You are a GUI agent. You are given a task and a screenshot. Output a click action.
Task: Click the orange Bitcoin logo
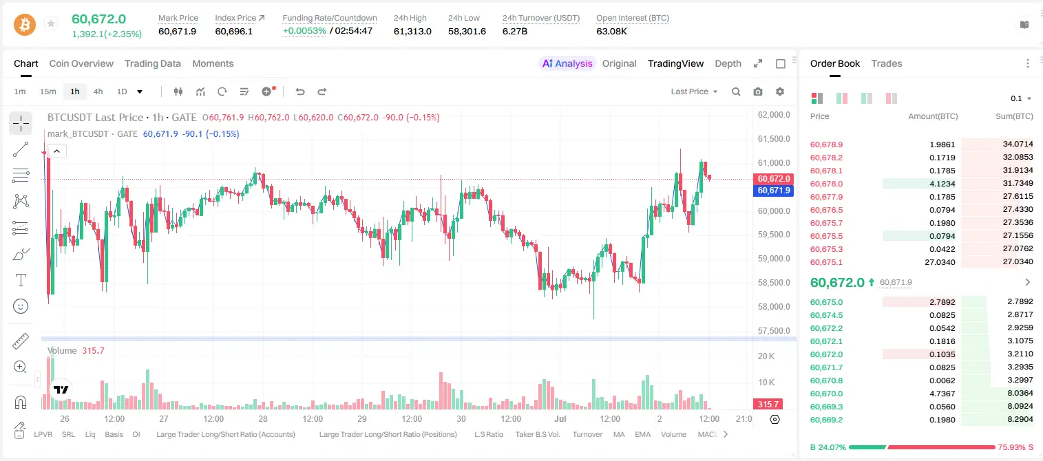(x=25, y=25)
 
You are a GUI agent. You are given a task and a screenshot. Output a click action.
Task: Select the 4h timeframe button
(x=98, y=92)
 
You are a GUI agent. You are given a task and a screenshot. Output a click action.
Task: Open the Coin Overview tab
(x=81, y=63)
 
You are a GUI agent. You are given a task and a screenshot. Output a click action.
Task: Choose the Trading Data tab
(x=153, y=63)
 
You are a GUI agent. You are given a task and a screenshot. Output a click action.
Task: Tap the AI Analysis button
(x=567, y=63)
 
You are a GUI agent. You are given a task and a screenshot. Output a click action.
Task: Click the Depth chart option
(x=728, y=63)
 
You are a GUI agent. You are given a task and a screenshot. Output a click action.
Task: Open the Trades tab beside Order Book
(x=887, y=63)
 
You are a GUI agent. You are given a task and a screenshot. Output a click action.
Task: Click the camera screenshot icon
(x=758, y=92)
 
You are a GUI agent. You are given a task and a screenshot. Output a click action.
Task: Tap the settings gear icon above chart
(x=780, y=92)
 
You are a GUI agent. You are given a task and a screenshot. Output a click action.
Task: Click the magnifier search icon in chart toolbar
(x=736, y=92)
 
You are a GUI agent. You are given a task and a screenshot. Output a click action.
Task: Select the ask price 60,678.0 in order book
(x=827, y=184)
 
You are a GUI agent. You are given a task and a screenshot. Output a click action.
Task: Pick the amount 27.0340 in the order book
(x=940, y=262)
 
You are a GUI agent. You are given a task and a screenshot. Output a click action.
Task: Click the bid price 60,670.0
(x=827, y=394)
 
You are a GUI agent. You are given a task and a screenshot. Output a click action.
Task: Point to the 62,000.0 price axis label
(x=774, y=115)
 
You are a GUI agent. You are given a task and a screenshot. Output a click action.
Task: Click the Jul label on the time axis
(x=560, y=418)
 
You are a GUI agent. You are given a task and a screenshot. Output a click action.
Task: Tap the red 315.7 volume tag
(x=768, y=405)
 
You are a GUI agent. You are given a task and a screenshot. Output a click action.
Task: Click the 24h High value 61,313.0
(x=412, y=31)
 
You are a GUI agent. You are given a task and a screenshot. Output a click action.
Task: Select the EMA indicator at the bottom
(x=642, y=434)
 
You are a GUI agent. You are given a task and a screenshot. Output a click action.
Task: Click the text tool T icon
(x=21, y=280)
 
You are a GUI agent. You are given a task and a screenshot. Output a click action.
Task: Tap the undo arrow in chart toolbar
(x=300, y=92)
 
